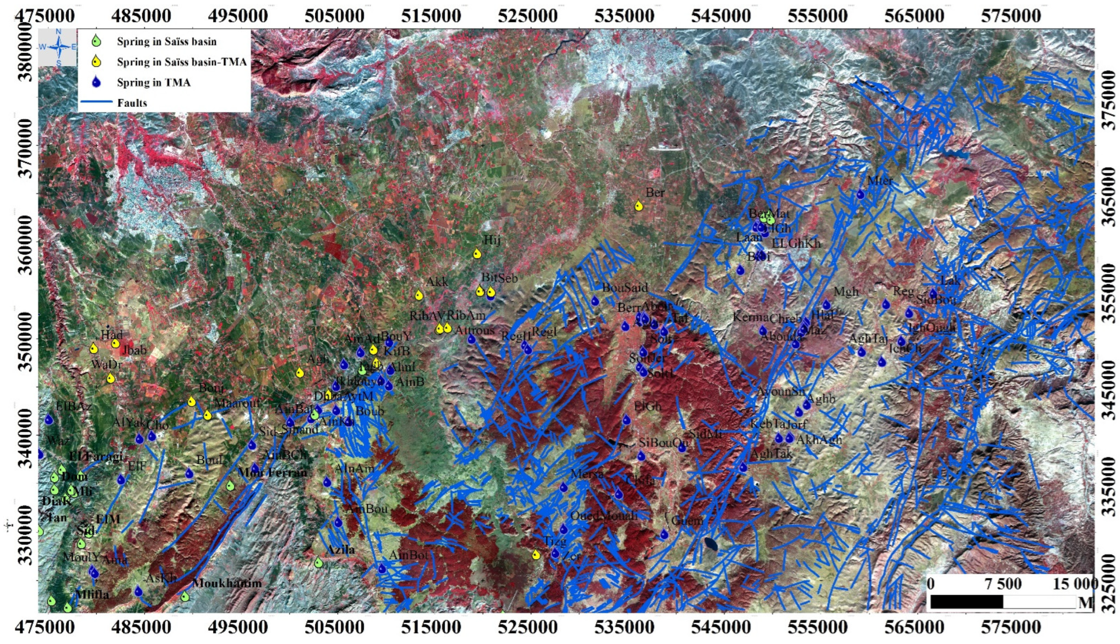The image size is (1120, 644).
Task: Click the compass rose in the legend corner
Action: (x=58, y=47)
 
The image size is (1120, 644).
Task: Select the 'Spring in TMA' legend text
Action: (x=153, y=83)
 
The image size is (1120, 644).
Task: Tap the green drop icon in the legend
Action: (x=97, y=42)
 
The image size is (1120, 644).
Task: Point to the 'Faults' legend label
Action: (x=132, y=103)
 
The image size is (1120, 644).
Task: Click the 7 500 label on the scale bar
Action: (x=1002, y=584)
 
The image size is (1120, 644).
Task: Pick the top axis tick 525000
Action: (x=528, y=16)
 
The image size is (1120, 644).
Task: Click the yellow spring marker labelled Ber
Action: (x=639, y=206)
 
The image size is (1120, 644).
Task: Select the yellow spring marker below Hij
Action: (x=477, y=253)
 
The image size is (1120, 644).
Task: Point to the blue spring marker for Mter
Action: (x=861, y=194)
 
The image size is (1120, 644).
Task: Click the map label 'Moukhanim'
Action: (x=227, y=583)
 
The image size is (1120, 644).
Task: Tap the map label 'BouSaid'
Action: (x=625, y=288)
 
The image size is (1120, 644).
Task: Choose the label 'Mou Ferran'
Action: (x=272, y=472)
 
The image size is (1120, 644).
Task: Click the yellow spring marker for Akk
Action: (x=419, y=295)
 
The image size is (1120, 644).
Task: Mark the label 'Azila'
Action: (x=340, y=550)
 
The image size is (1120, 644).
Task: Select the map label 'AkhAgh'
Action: (x=819, y=440)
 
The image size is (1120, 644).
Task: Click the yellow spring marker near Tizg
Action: (x=536, y=554)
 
